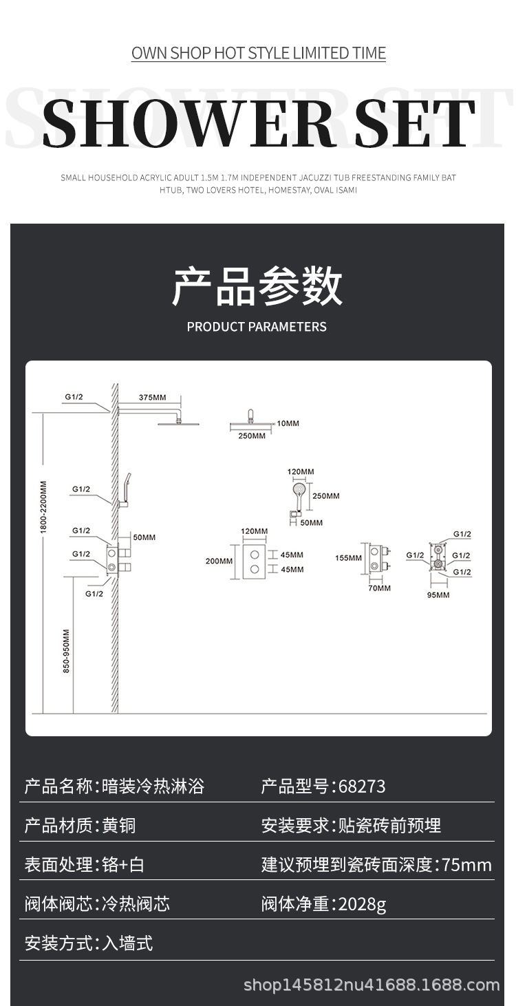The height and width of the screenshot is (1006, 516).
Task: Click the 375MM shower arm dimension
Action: click(x=152, y=398)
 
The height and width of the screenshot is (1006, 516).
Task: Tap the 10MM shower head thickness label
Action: click(x=288, y=423)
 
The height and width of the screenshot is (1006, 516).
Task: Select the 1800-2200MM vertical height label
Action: click(x=43, y=507)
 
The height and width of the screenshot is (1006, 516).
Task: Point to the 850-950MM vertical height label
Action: click(x=67, y=651)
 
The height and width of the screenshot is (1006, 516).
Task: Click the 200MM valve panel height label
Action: click(x=219, y=561)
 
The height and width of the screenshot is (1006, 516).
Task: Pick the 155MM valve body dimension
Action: click(x=349, y=558)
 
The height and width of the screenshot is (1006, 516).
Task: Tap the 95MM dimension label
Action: click(x=438, y=595)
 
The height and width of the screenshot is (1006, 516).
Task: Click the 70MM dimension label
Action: click(x=380, y=588)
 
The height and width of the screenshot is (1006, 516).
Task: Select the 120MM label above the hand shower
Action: click(x=301, y=471)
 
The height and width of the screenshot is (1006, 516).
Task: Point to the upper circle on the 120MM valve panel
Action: click(x=255, y=554)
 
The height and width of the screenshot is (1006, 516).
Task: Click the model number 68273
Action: click(x=362, y=786)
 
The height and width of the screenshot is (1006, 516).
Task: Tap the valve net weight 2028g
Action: click(x=362, y=904)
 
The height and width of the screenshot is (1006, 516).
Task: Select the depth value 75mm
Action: click(x=467, y=865)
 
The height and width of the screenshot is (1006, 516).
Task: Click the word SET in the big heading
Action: click(x=415, y=123)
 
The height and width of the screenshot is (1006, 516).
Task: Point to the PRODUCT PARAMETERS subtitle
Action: click(x=257, y=326)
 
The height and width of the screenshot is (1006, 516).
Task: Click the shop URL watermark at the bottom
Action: click(x=372, y=985)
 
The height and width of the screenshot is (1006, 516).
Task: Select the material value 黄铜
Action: click(x=119, y=826)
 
